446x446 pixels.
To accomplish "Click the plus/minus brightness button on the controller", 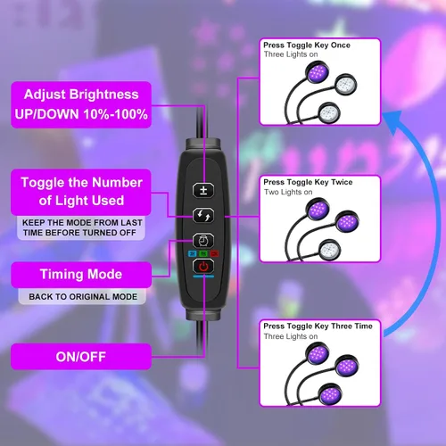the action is coord(203,190).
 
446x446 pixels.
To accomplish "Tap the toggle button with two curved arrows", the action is coord(203,215).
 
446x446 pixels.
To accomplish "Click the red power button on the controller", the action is coord(203,266).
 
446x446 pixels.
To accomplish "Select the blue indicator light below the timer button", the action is coord(193,253).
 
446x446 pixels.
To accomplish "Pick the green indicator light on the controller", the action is coord(203,253).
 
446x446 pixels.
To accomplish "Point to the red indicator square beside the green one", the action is coord(214,253).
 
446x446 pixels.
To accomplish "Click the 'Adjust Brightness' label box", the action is coord(81,104).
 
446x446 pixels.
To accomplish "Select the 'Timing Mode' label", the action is coord(81,275).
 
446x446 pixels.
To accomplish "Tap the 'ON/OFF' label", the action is coord(81,357).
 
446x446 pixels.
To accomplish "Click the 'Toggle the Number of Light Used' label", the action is coord(81,192).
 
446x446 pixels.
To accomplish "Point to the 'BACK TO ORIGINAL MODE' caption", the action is coord(83,297).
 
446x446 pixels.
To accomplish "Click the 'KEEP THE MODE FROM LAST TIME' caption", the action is coord(81,227).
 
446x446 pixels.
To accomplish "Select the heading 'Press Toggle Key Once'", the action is coord(307,45).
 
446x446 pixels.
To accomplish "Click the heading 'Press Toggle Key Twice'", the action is coord(308,182).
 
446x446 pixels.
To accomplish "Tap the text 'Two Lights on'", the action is coord(288,192).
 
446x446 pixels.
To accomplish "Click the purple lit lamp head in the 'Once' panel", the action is coord(318,72).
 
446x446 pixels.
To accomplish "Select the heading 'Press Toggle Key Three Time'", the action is coord(318,326).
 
